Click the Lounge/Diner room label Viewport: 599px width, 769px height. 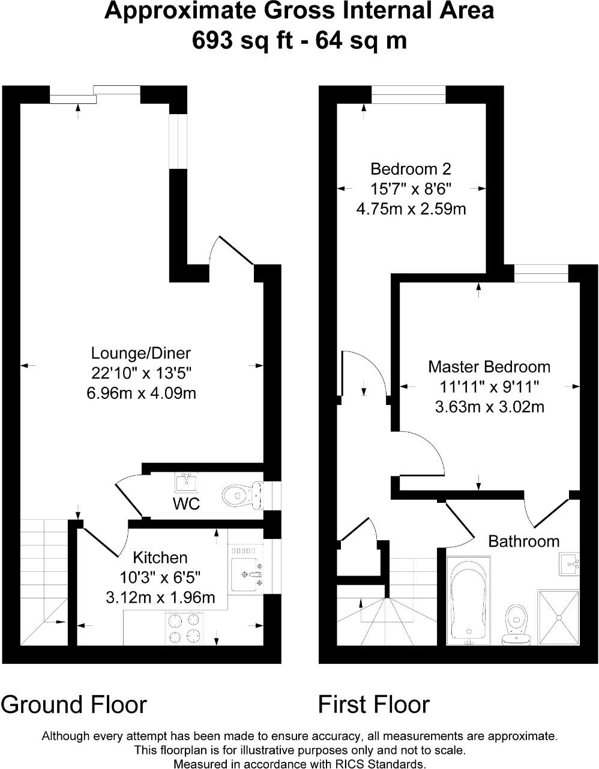coord(141,353)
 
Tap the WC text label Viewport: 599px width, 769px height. coord(187,504)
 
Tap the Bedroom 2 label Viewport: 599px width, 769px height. coord(411,169)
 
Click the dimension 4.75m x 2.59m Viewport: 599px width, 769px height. coord(411,209)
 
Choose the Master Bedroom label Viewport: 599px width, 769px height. coord(489,366)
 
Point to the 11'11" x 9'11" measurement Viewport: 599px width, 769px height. coord(489,386)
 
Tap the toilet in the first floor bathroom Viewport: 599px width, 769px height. coord(516,623)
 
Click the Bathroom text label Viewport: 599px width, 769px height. coord(523,541)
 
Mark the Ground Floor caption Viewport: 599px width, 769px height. coord(74,704)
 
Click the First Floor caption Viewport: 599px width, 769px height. coord(373,704)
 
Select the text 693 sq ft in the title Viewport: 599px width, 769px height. coord(238,40)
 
